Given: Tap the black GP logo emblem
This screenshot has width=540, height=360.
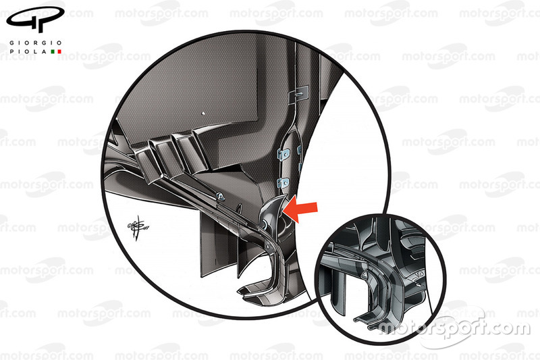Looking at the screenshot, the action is (x=35, y=20).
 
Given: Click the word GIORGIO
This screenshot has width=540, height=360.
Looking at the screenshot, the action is (x=36, y=43).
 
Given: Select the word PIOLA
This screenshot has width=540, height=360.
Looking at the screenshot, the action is (x=28, y=52).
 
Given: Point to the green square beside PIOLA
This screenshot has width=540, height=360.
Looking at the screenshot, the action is (x=53, y=52).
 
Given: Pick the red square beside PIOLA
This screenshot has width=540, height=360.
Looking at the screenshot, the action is (x=59, y=52).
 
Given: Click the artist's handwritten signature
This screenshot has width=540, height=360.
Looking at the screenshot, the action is (x=138, y=228).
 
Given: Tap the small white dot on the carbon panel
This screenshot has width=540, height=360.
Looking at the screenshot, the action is (x=203, y=113).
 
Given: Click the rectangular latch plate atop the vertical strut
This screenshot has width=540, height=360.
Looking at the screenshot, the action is (x=298, y=93).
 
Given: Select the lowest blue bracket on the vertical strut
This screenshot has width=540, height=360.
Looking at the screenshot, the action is (x=283, y=183).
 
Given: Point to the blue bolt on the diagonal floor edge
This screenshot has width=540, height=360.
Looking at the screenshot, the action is (x=221, y=197).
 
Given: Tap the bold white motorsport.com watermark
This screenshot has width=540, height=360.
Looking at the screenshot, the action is (x=454, y=327).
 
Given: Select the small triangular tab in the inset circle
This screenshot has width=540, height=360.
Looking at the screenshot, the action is (x=364, y=275).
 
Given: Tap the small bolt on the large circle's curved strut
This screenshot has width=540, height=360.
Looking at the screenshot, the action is (x=268, y=245).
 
